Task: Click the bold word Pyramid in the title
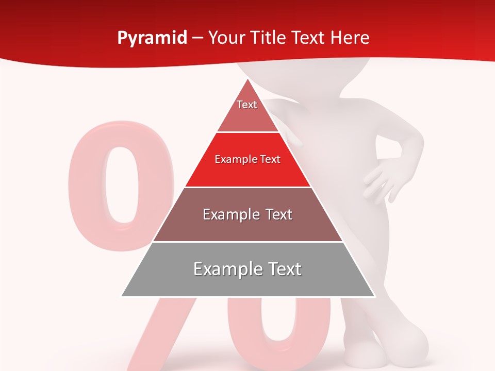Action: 152,38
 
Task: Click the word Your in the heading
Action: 226,38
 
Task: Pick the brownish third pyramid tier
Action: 247,227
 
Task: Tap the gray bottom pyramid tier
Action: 247,281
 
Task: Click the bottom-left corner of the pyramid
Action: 122,296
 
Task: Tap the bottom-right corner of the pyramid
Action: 375,296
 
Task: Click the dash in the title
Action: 197,38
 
